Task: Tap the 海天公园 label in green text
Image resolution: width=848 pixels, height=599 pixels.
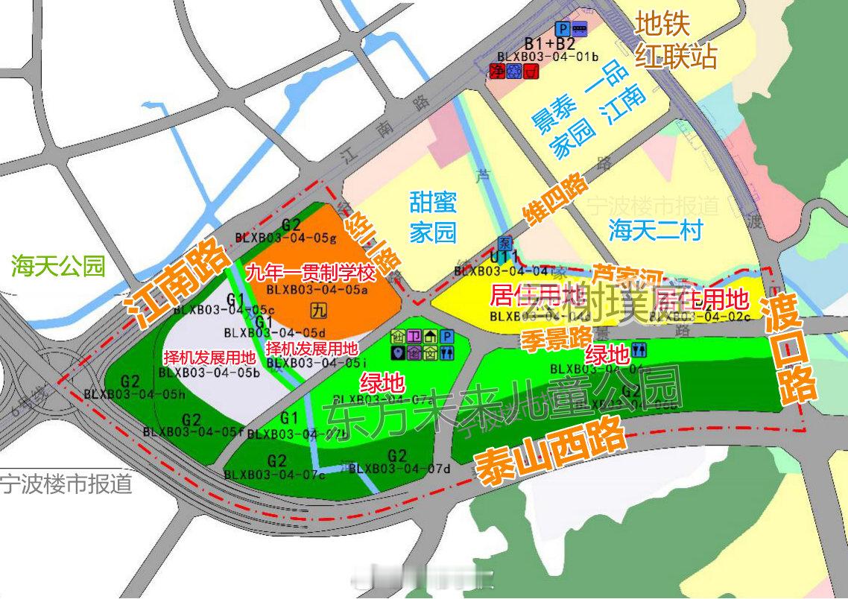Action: [x=58, y=265]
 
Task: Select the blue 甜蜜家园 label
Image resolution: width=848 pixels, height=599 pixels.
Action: [x=433, y=216]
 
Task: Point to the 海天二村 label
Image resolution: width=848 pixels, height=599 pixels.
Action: [x=655, y=229]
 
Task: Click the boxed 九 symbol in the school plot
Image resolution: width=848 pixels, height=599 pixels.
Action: [x=317, y=308]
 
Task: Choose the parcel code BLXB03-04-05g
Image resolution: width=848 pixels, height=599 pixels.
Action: [x=286, y=238]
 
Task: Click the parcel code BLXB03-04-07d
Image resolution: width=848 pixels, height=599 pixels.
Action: [x=400, y=469]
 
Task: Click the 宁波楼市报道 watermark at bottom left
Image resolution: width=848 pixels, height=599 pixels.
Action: [x=66, y=484]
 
